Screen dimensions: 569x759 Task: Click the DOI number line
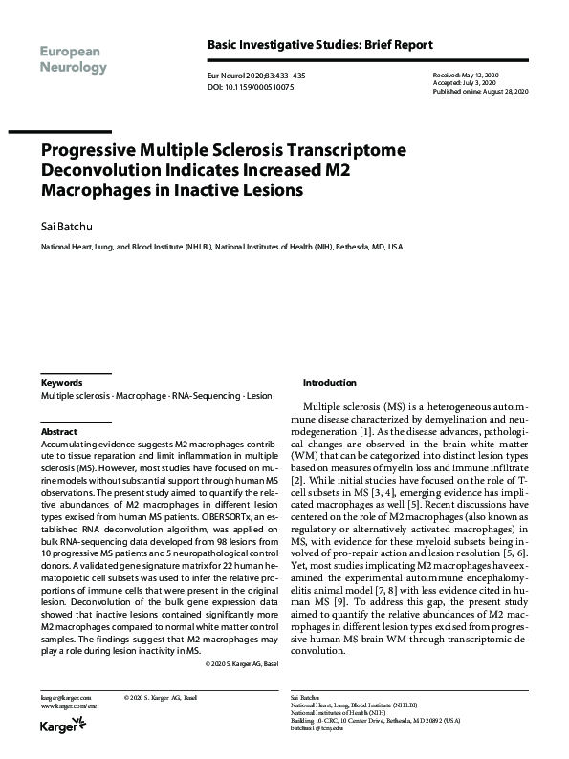pos(252,86)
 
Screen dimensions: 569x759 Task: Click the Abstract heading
pos(58,432)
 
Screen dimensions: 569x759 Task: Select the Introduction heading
pos(329,381)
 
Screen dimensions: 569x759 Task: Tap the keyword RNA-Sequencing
pos(205,395)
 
